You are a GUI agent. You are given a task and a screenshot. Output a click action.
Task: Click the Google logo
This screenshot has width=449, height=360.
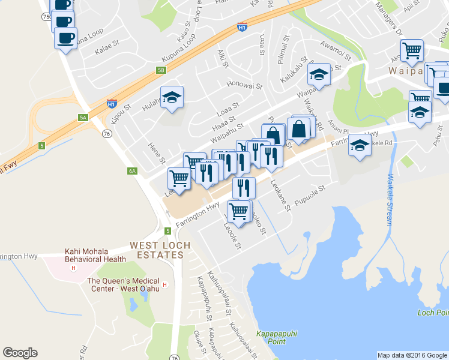(20, 353)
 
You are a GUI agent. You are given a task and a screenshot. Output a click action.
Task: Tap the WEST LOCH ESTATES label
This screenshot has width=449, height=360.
(156, 250)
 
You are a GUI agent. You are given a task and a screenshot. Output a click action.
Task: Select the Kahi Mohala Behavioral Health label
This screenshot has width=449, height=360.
(96, 256)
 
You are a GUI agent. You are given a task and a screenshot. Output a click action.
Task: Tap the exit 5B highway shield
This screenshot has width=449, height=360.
(161, 70)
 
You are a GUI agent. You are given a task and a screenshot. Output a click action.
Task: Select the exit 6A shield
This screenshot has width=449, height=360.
(133, 171)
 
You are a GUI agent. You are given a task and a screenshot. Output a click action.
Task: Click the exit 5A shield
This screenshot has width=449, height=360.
(83, 118)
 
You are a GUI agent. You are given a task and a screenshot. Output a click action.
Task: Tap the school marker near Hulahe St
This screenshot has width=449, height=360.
(172, 97)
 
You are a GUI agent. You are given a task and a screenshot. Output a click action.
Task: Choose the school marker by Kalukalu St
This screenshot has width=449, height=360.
(319, 75)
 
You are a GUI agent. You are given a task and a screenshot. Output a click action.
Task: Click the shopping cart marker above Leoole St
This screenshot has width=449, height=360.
(239, 211)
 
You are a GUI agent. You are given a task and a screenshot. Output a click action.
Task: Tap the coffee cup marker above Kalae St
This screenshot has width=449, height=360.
(65, 38)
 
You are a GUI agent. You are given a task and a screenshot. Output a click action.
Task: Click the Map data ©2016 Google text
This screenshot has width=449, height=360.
(412, 355)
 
